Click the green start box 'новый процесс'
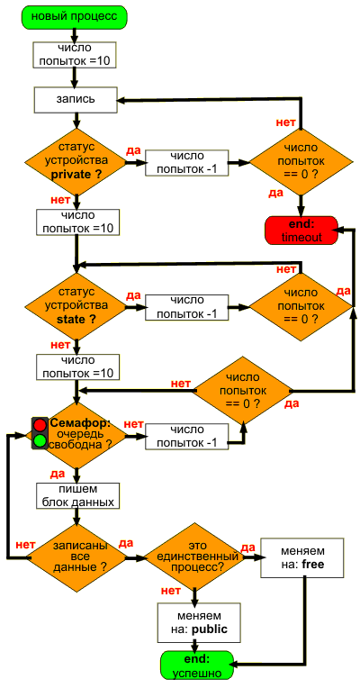pyautogui.click(x=74, y=17)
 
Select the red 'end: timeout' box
pyautogui.click(x=301, y=231)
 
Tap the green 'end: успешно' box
pyautogui.click(x=197, y=665)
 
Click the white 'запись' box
pyautogui.click(x=75, y=99)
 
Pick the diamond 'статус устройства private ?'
pyautogui.click(x=76, y=162)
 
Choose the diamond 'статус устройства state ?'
pyautogui.click(x=76, y=306)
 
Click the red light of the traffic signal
pyautogui.click(x=40, y=425)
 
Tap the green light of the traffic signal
pyautogui.click(x=40, y=440)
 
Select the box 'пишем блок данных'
pyautogui.click(x=78, y=496)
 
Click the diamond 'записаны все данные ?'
pyautogui.click(x=77, y=557)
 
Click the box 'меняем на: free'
pyautogui.click(x=302, y=557)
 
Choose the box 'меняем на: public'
pyautogui.click(x=199, y=623)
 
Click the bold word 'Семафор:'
pyautogui.click(x=81, y=423)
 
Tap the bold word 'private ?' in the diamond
pyautogui.click(x=76, y=174)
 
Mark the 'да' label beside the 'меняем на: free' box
pyautogui.click(x=247, y=548)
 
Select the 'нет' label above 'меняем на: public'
pyautogui.click(x=171, y=591)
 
